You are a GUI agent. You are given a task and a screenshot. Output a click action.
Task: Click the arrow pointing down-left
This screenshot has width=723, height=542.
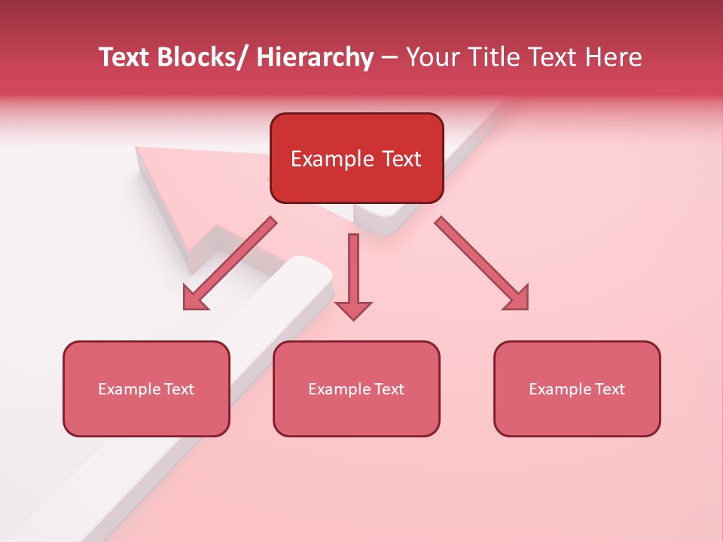[x=230, y=263]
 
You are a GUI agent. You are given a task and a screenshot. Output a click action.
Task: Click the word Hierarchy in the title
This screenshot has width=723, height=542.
[x=315, y=57]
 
